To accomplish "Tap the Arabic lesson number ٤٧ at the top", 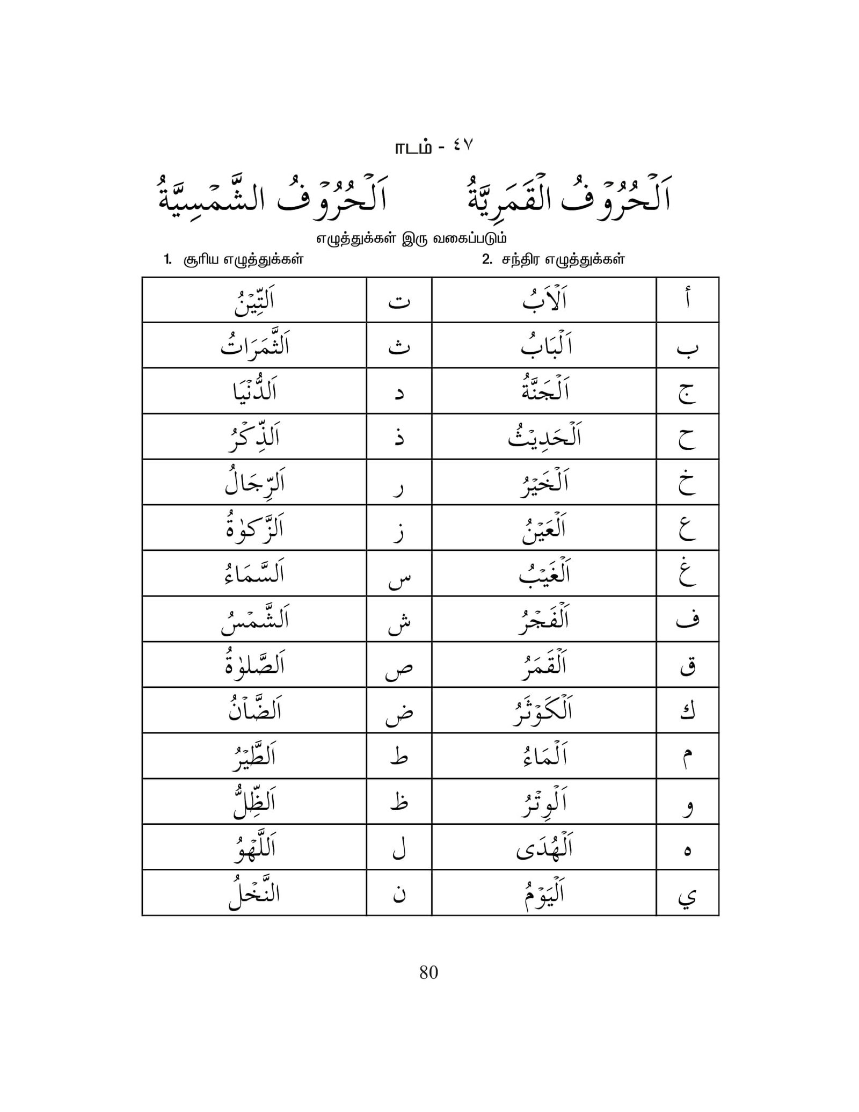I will click(461, 146).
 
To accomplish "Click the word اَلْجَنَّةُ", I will click(544, 391).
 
